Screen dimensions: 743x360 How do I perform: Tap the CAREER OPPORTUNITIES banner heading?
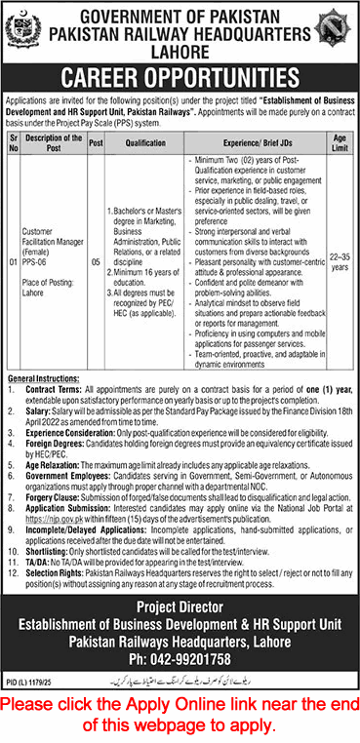(180, 75)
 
